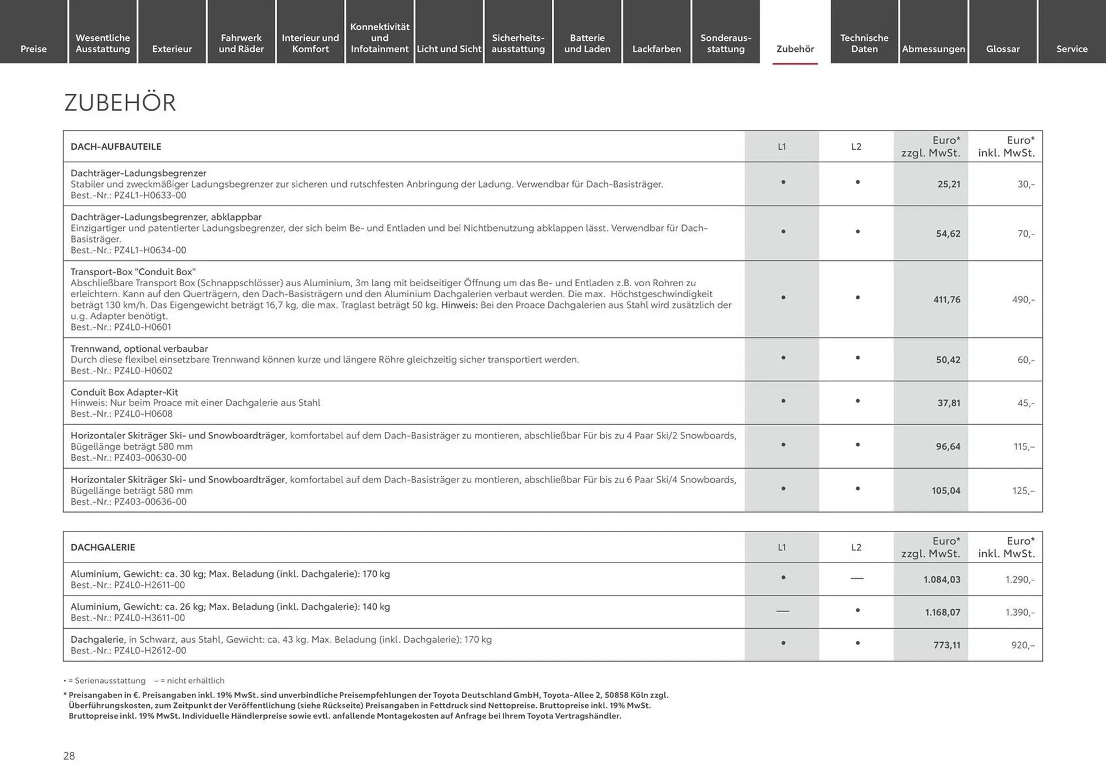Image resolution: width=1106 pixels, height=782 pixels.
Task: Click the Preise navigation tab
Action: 33,49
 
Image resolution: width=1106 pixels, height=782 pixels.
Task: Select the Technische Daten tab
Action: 864,43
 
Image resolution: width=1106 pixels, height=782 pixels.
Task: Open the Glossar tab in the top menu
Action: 1002,49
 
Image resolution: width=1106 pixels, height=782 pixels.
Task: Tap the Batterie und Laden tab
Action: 587,43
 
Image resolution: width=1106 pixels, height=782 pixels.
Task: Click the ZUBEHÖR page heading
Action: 120,103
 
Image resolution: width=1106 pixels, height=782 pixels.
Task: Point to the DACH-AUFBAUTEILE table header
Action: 116,147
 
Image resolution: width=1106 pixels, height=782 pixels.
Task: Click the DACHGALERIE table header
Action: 103,547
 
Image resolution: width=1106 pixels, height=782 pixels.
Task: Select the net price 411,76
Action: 946,299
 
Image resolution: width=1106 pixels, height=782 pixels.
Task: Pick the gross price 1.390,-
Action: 1020,612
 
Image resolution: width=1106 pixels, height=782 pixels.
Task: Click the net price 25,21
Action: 949,184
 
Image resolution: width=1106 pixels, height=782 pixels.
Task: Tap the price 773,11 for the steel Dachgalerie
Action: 946,645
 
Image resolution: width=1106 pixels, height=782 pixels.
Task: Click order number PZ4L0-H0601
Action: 142,327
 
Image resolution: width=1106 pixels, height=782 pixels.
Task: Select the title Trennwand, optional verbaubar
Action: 139,348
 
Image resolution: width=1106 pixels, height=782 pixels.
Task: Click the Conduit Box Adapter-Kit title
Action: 124,392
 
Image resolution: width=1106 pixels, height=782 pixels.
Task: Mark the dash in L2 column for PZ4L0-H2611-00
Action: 857,578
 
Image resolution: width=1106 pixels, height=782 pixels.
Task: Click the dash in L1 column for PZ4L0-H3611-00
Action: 782,611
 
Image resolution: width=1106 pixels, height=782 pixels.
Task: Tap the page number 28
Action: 69,756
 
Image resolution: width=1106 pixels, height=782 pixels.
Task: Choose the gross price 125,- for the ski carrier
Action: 1023,491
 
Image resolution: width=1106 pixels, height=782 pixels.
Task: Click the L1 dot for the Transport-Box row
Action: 783,298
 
